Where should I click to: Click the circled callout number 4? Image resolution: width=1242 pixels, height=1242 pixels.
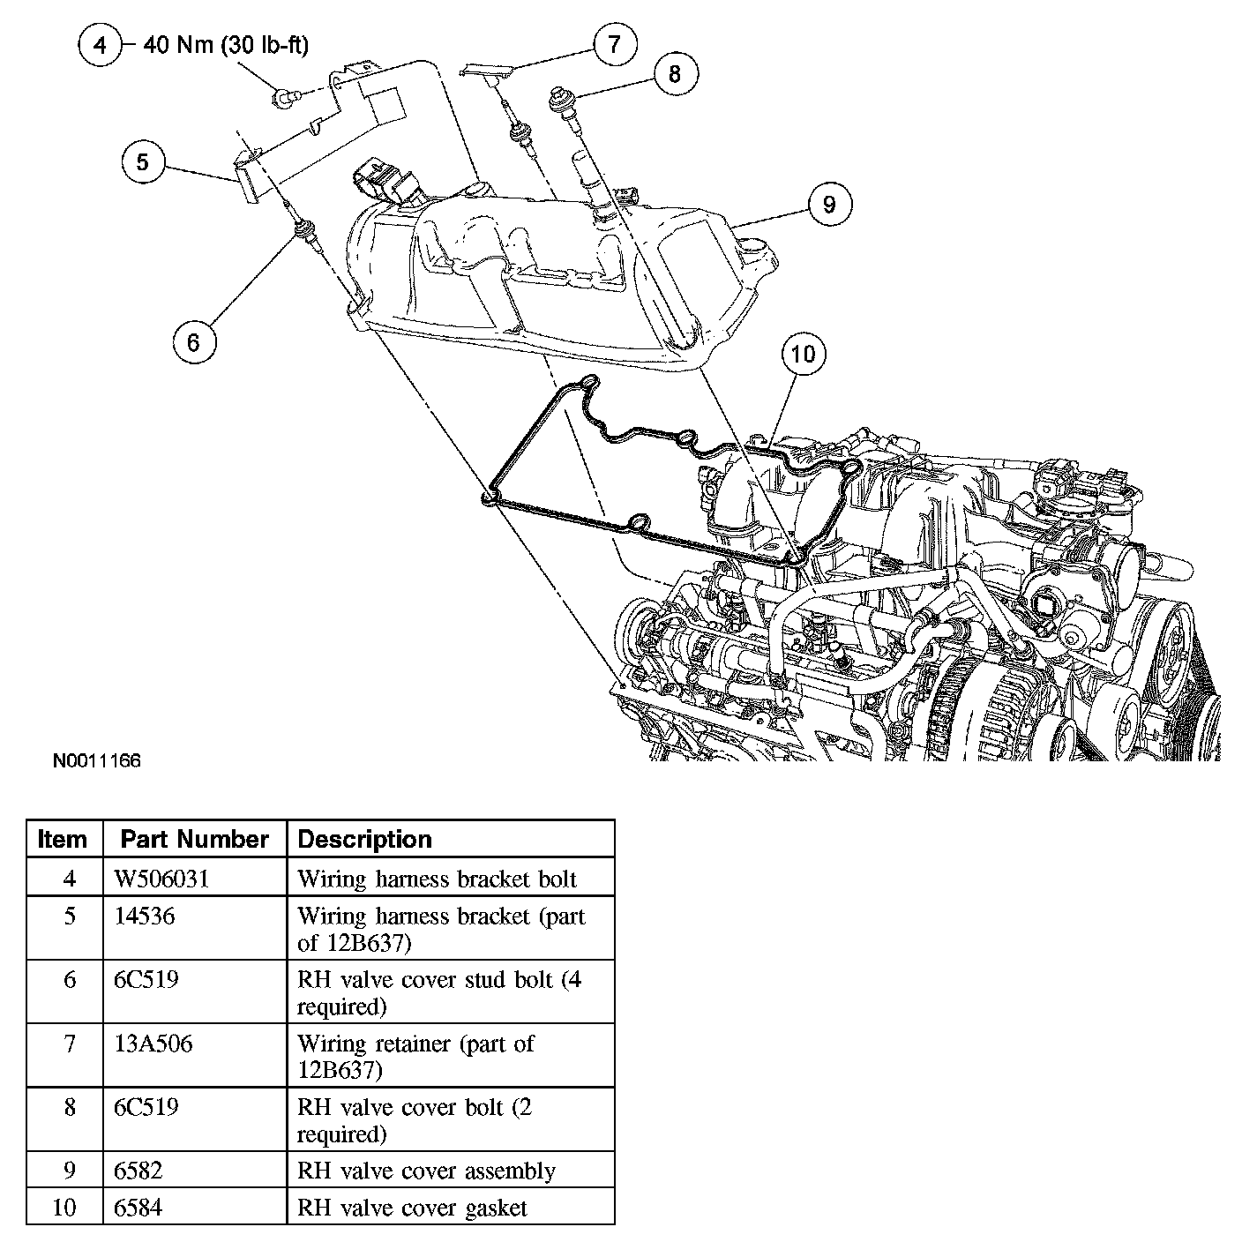[101, 44]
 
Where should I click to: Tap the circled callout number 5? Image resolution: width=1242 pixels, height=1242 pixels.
[144, 161]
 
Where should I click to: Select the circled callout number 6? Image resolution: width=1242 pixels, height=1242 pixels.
[194, 340]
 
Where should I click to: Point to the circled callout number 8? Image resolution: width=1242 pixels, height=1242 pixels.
[675, 73]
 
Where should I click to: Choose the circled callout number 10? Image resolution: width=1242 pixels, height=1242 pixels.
[803, 354]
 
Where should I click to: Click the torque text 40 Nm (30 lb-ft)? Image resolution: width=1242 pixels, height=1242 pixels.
[226, 44]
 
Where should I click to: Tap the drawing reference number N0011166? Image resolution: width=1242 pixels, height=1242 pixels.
[96, 760]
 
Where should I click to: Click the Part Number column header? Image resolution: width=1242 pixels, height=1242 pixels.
[194, 839]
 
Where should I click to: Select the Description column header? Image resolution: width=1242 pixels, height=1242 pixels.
[365, 839]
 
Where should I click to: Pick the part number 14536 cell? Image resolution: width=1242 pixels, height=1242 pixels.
[145, 917]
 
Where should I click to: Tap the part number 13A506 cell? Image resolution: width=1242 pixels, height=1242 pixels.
[153, 1044]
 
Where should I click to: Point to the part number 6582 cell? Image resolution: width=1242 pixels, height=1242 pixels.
[138, 1171]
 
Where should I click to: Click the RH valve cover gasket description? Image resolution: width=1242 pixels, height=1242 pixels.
[412, 1207]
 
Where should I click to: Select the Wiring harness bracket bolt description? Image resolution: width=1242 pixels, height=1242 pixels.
[437, 879]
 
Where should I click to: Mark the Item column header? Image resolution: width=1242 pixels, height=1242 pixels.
[64, 839]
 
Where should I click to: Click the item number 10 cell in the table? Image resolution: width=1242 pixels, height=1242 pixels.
[64, 1207]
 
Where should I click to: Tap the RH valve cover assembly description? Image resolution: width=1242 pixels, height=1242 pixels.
[426, 1171]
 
